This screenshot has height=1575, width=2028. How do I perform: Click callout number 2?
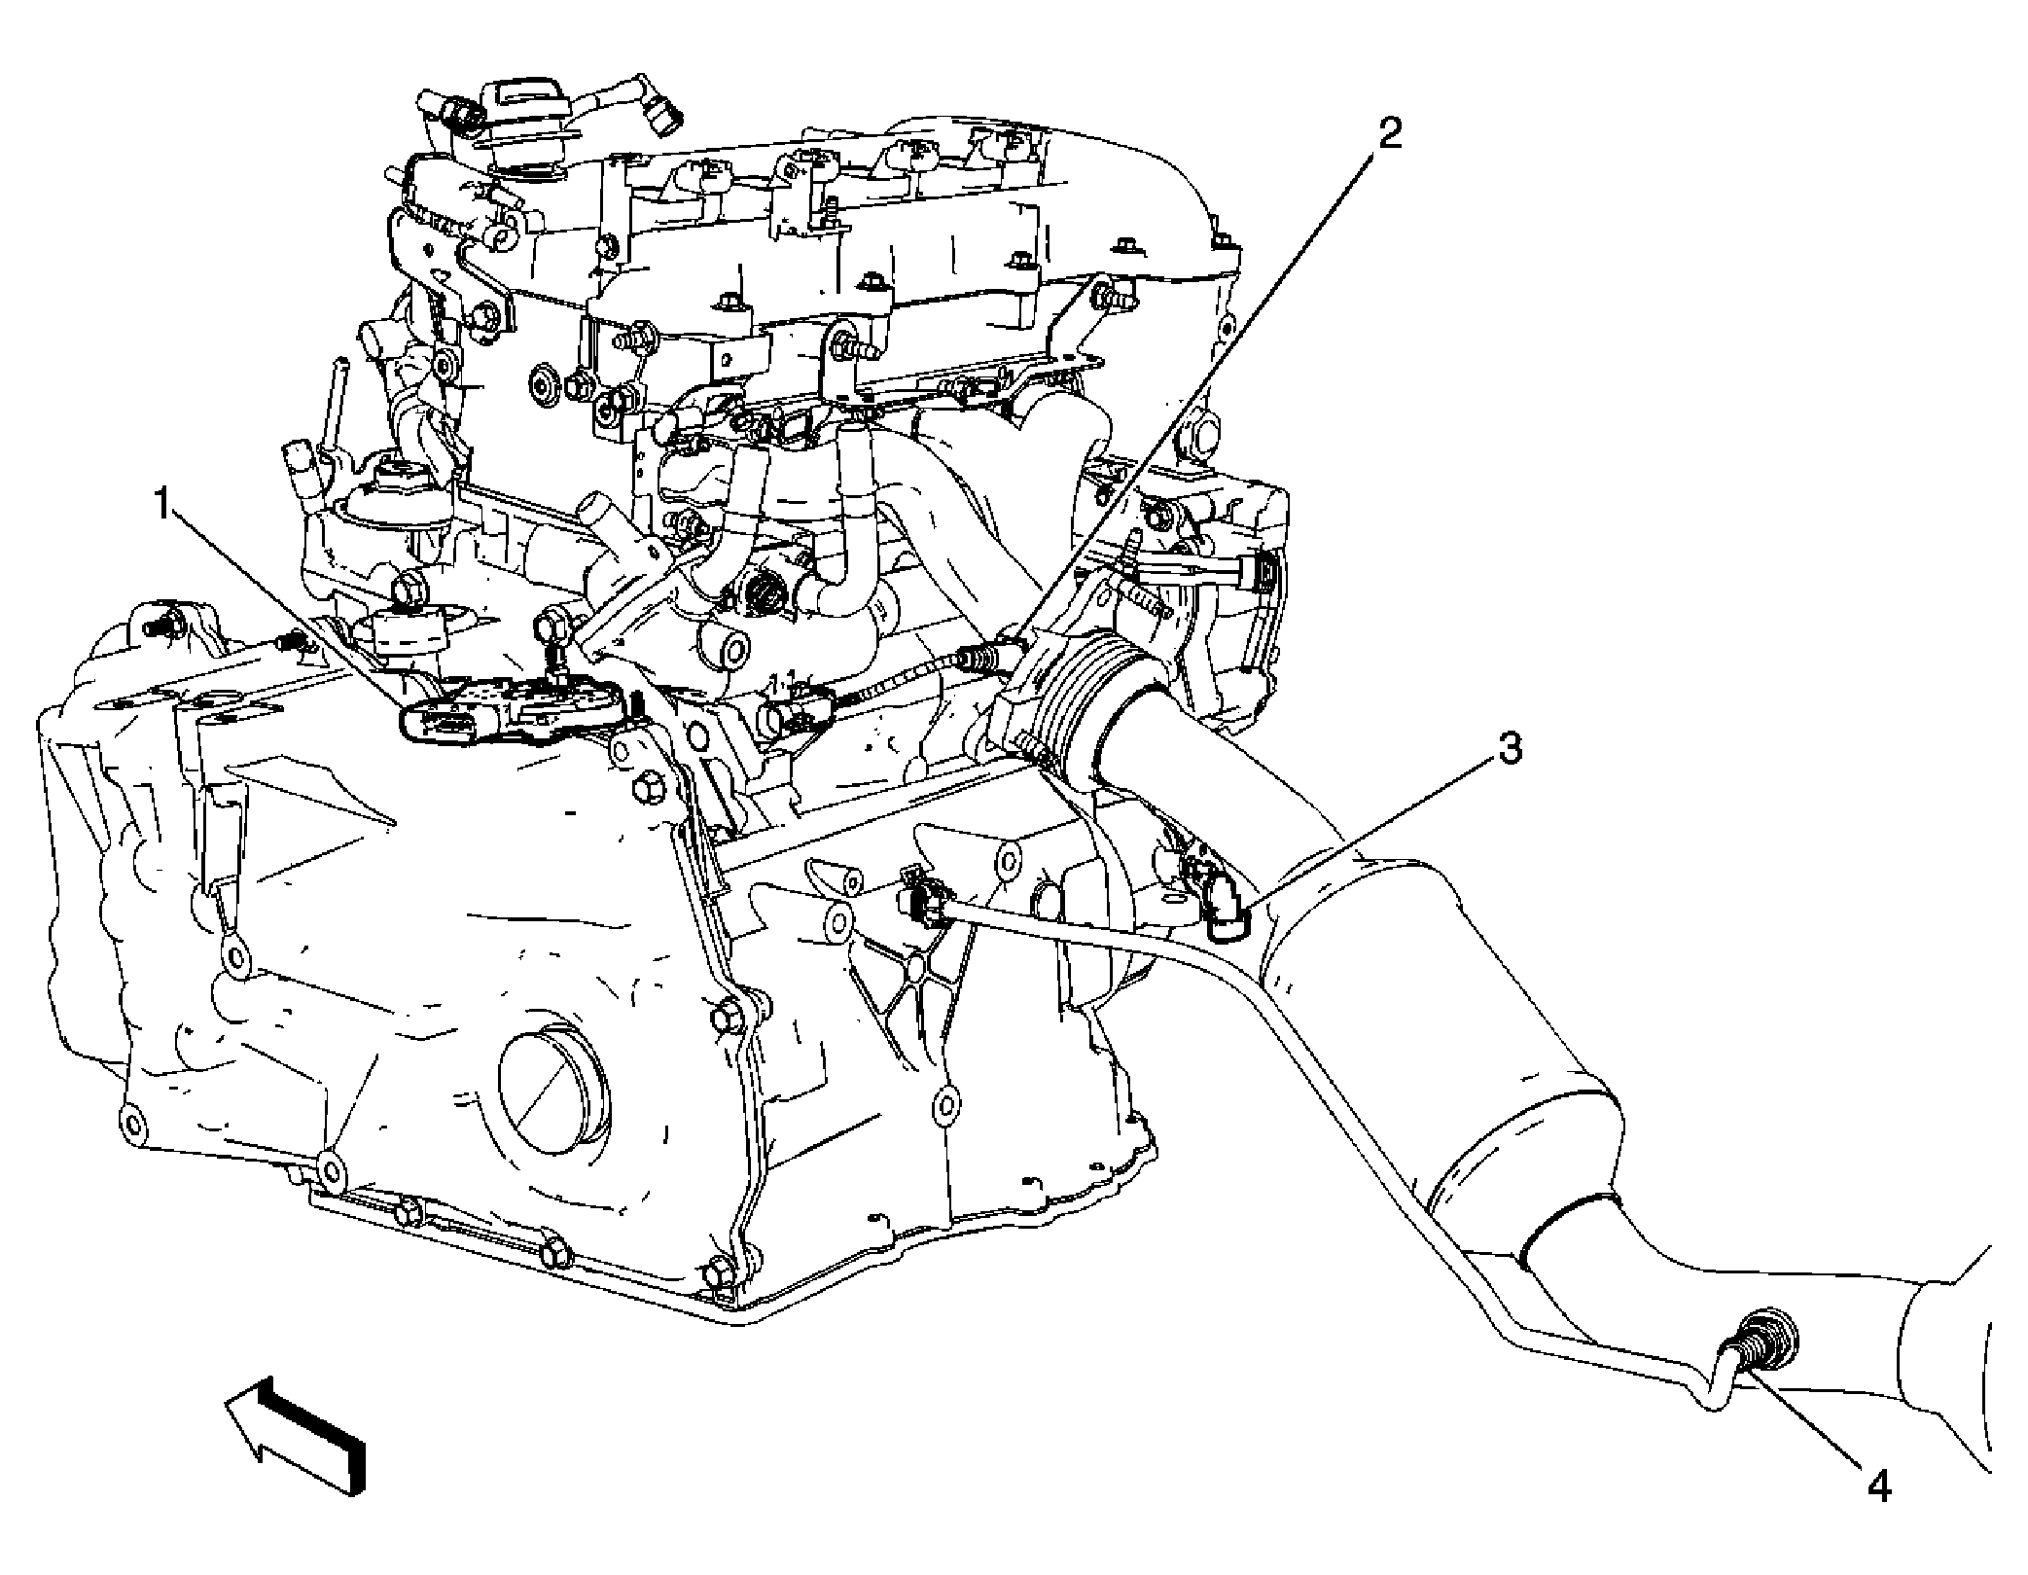pyautogui.click(x=1390, y=134)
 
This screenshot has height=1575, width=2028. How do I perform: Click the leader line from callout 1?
pyautogui.click(x=282, y=603)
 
